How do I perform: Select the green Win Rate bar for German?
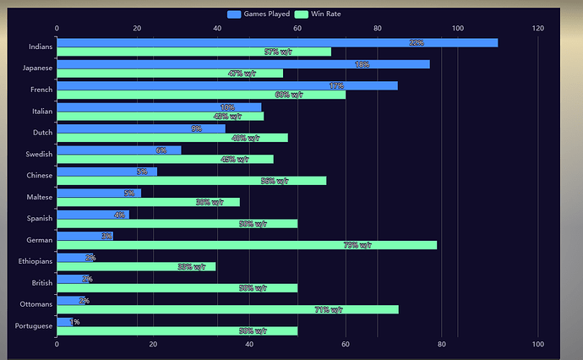pyautogui.click(x=247, y=245)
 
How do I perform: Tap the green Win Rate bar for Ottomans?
pyautogui.click(x=227, y=309)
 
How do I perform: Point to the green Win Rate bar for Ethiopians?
pyautogui.click(x=136, y=266)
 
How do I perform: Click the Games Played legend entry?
pyautogui.click(x=259, y=14)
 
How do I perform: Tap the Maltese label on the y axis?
pyautogui.click(x=39, y=197)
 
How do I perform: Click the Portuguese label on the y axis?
pyautogui.click(x=34, y=325)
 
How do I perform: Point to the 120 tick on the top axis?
pyautogui.click(x=537, y=29)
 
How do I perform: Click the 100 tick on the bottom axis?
pyautogui.click(x=537, y=344)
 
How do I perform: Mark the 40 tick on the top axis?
pyautogui.click(x=217, y=29)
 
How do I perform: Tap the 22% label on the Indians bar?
pyautogui.click(x=416, y=42)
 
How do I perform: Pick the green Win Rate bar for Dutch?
pyautogui.click(x=172, y=137)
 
